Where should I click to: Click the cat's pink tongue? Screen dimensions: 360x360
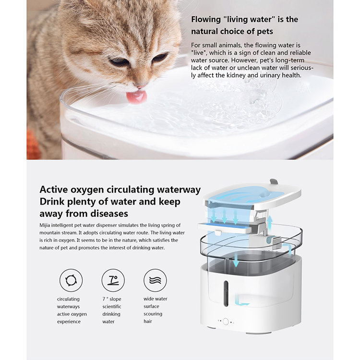pos(136,96)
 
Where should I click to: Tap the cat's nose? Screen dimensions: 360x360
pos(140,86)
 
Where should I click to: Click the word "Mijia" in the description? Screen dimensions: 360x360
pos(47,225)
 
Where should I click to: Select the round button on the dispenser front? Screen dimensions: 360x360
pos(225,321)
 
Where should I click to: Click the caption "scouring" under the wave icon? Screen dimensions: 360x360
pos(153,314)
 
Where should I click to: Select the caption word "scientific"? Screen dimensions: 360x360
pos(112,306)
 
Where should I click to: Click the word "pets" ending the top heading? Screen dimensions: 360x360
pos(263,31)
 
